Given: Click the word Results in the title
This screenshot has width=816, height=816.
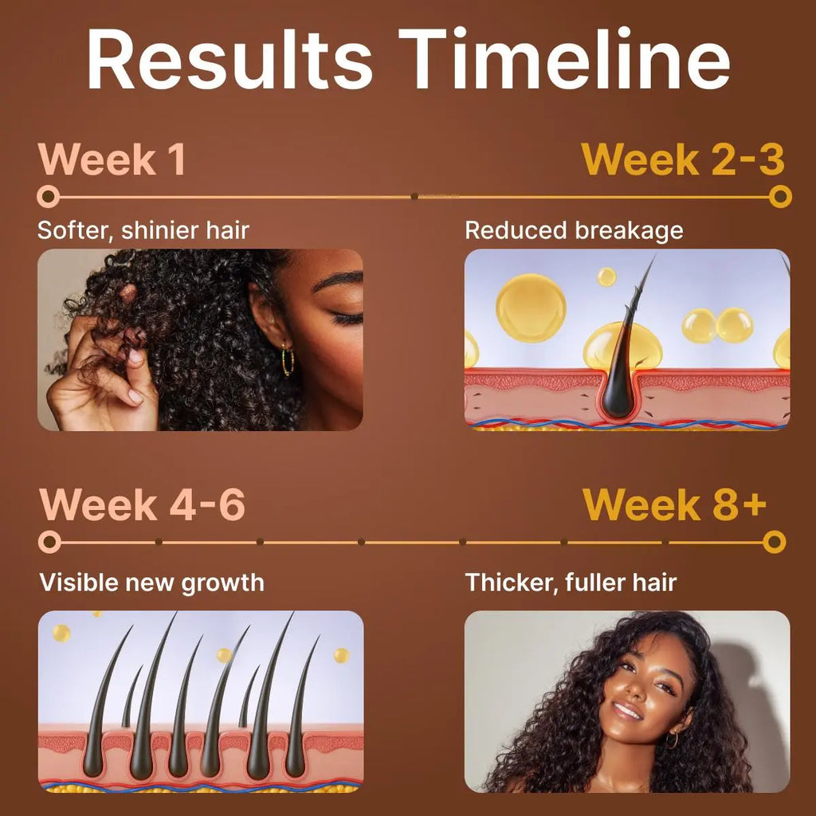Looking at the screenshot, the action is pos(229,58).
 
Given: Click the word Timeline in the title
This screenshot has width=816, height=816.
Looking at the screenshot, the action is pos(565,58).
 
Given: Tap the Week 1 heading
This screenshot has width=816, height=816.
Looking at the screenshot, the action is pos(112,159).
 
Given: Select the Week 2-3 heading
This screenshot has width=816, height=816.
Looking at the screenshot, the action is pos(683,159).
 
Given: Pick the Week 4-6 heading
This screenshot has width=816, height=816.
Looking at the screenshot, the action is pos(142,504).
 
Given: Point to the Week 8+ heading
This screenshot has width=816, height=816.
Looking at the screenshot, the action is pos(674,504).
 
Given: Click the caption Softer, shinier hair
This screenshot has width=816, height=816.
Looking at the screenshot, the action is pos(143,230).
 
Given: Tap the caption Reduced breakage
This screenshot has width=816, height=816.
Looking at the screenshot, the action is pos(574,230).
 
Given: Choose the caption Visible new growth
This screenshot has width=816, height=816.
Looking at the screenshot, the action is pos(151,583).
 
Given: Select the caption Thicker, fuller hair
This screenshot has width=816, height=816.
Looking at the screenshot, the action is pos(571,583).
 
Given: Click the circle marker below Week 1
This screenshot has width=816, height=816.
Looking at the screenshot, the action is pos(49,197).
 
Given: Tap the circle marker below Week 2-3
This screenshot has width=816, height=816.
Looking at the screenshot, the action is pos(780,197).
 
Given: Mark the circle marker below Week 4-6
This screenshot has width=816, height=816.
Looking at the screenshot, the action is pos(49,542).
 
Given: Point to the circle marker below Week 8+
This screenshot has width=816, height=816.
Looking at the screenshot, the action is pos(774,542).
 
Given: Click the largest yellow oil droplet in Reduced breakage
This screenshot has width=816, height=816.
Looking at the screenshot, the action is pos(531,308).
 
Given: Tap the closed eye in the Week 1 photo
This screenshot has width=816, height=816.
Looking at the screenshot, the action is pos(347,318).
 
